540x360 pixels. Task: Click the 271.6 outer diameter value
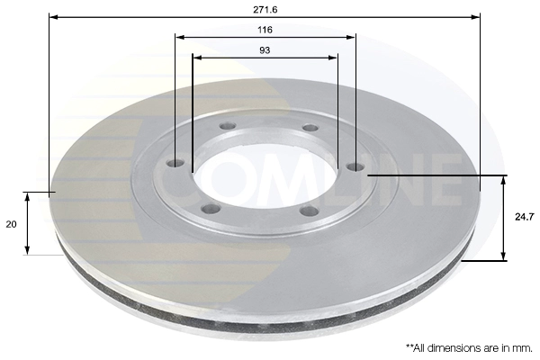pyautogui.click(x=265, y=10)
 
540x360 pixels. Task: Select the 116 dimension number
pyautogui.click(x=265, y=30)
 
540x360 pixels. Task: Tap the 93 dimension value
pyautogui.click(x=265, y=50)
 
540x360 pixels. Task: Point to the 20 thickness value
pyautogui.click(x=11, y=224)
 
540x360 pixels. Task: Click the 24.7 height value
pyautogui.click(x=525, y=217)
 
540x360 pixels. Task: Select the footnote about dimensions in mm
pyautogui.click(x=469, y=348)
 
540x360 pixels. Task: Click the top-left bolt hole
pyautogui.click(x=228, y=126)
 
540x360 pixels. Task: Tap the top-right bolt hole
pyautogui.click(x=310, y=128)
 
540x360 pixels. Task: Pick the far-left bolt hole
pyautogui.click(x=175, y=163)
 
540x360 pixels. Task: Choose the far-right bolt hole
pyautogui.click(x=355, y=167)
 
